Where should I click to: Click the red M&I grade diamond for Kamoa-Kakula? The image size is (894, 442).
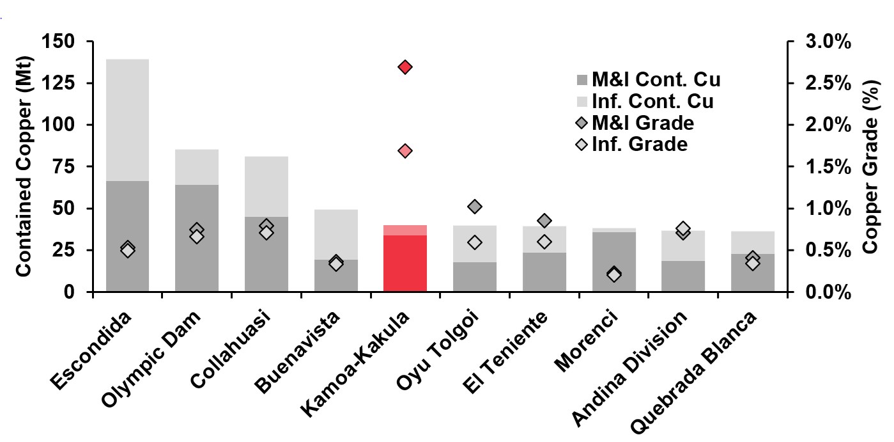click(405, 67)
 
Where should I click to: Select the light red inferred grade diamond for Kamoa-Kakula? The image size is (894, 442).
click(405, 151)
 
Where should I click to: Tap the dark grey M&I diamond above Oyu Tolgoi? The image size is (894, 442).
click(474, 207)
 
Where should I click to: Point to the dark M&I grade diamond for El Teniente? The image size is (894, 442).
click(544, 221)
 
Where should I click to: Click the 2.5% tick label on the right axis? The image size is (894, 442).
click(825, 83)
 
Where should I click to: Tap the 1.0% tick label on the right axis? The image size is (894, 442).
click(825, 209)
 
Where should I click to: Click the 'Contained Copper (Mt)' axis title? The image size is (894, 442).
click(24, 166)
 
